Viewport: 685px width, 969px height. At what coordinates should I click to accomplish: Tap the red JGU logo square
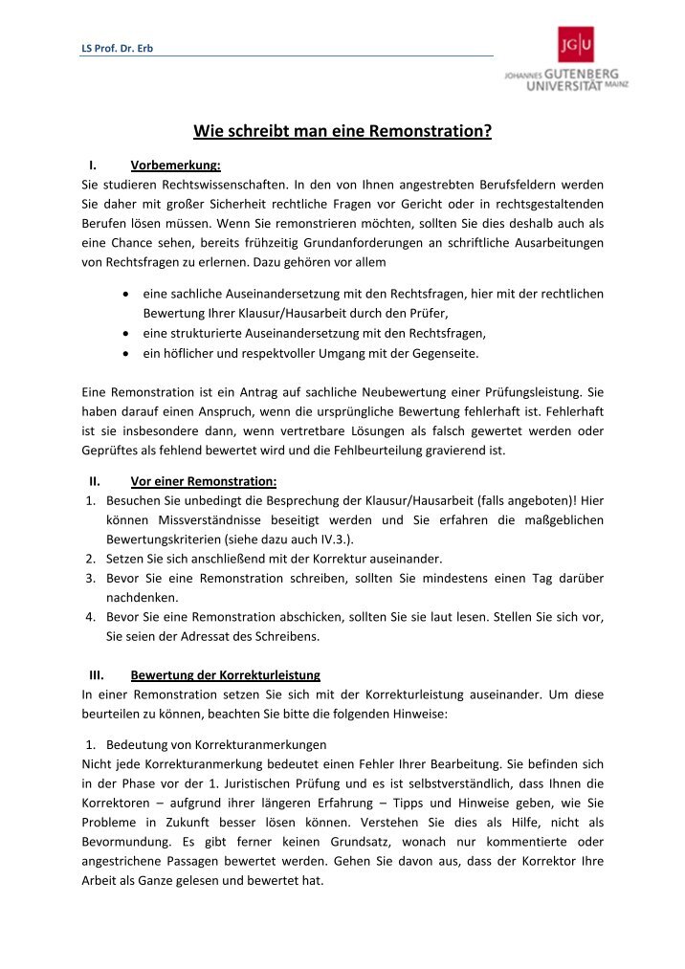pyautogui.click(x=575, y=44)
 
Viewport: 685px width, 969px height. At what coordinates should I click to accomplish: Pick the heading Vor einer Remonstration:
pyautogui.click(x=203, y=481)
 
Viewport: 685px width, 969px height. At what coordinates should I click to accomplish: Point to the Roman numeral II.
pyautogui.click(x=94, y=481)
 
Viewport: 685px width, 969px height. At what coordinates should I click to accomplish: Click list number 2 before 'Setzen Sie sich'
pyautogui.click(x=89, y=559)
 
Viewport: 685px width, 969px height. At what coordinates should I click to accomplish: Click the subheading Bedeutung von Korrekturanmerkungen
pyautogui.click(x=216, y=743)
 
